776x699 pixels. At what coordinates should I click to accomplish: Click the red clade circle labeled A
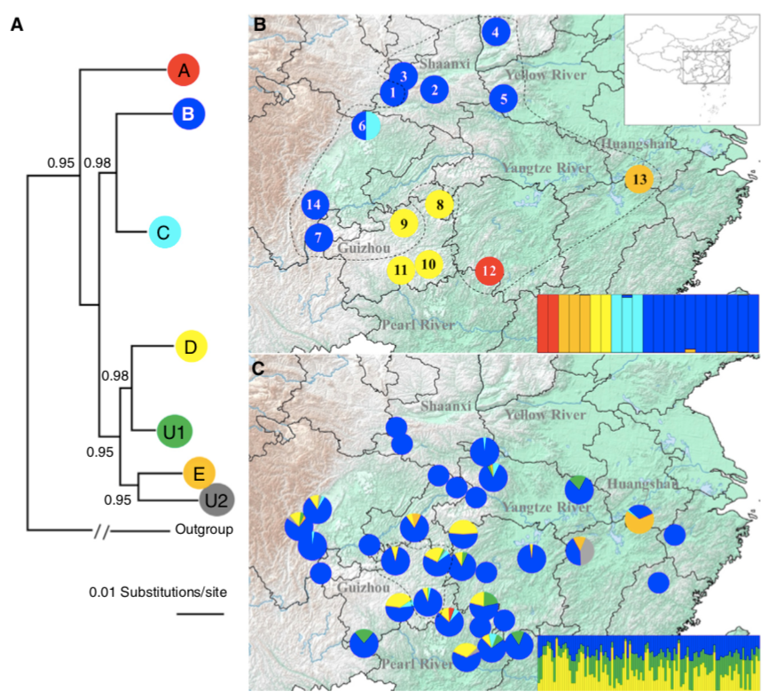click(184, 70)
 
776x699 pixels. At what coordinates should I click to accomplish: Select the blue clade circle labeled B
click(188, 114)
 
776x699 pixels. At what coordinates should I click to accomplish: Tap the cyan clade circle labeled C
click(163, 233)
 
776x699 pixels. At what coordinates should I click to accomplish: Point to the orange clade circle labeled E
click(200, 474)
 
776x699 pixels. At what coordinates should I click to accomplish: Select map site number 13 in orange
click(640, 179)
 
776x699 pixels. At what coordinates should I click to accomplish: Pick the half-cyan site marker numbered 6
click(364, 127)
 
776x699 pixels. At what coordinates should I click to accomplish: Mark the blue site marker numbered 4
click(496, 33)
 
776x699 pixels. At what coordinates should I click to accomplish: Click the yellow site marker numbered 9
click(404, 224)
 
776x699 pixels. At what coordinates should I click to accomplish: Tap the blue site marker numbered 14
click(314, 205)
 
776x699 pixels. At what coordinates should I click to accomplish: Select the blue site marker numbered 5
click(503, 98)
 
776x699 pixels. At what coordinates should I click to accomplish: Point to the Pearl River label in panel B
click(417, 325)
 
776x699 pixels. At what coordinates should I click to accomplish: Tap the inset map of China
click(692, 69)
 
